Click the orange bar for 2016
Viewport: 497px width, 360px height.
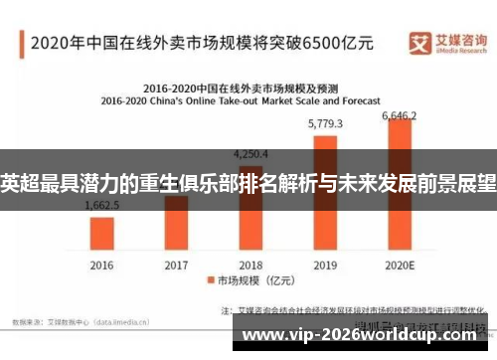click(x=101, y=233)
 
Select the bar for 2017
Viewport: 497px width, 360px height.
click(x=175, y=223)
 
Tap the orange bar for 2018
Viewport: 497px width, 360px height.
click(x=250, y=209)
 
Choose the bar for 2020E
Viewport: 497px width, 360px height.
click(x=399, y=185)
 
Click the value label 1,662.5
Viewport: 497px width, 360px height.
click(x=102, y=204)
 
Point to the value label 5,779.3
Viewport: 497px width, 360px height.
click(x=325, y=124)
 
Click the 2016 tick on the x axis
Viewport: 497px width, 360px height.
click(x=101, y=265)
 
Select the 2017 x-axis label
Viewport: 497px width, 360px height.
click(x=176, y=265)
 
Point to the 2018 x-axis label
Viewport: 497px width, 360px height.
click(x=250, y=265)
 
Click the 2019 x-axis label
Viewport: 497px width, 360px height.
click(x=325, y=265)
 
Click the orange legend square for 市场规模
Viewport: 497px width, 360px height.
click(x=211, y=281)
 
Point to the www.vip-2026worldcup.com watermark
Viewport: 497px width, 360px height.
click(x=366, y=337)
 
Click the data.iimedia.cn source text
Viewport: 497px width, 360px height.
click(x=119, y=321)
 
